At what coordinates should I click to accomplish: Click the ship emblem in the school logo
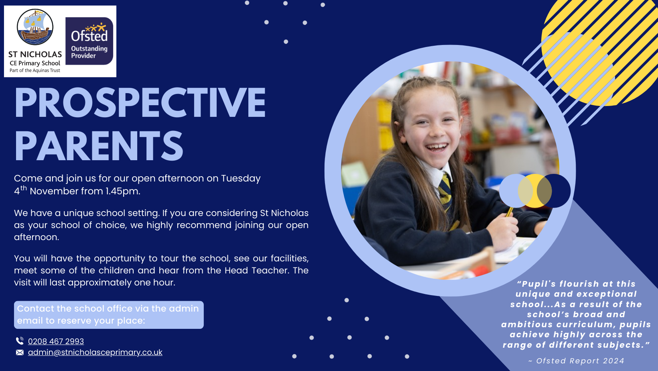tap(35, 27)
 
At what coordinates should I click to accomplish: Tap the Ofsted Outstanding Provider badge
tap(89, 41)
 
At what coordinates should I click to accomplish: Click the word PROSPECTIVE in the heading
tap(140, 103)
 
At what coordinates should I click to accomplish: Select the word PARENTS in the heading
tap(99, 146)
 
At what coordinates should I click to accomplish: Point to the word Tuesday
tap(241, 178)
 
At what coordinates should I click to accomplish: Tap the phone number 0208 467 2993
tap(56, 341)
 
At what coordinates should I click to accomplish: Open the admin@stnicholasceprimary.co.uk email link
tap(95, 352)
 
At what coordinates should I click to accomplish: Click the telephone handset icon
tap(20, 341)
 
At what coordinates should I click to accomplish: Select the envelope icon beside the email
tap(20, 353)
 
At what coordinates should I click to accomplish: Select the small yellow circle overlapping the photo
tap(534, 191)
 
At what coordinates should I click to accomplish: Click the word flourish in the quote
tap(579, 284)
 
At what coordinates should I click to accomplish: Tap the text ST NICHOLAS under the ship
tap(35, 54)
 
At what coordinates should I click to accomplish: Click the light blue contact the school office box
tap(109, 315)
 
